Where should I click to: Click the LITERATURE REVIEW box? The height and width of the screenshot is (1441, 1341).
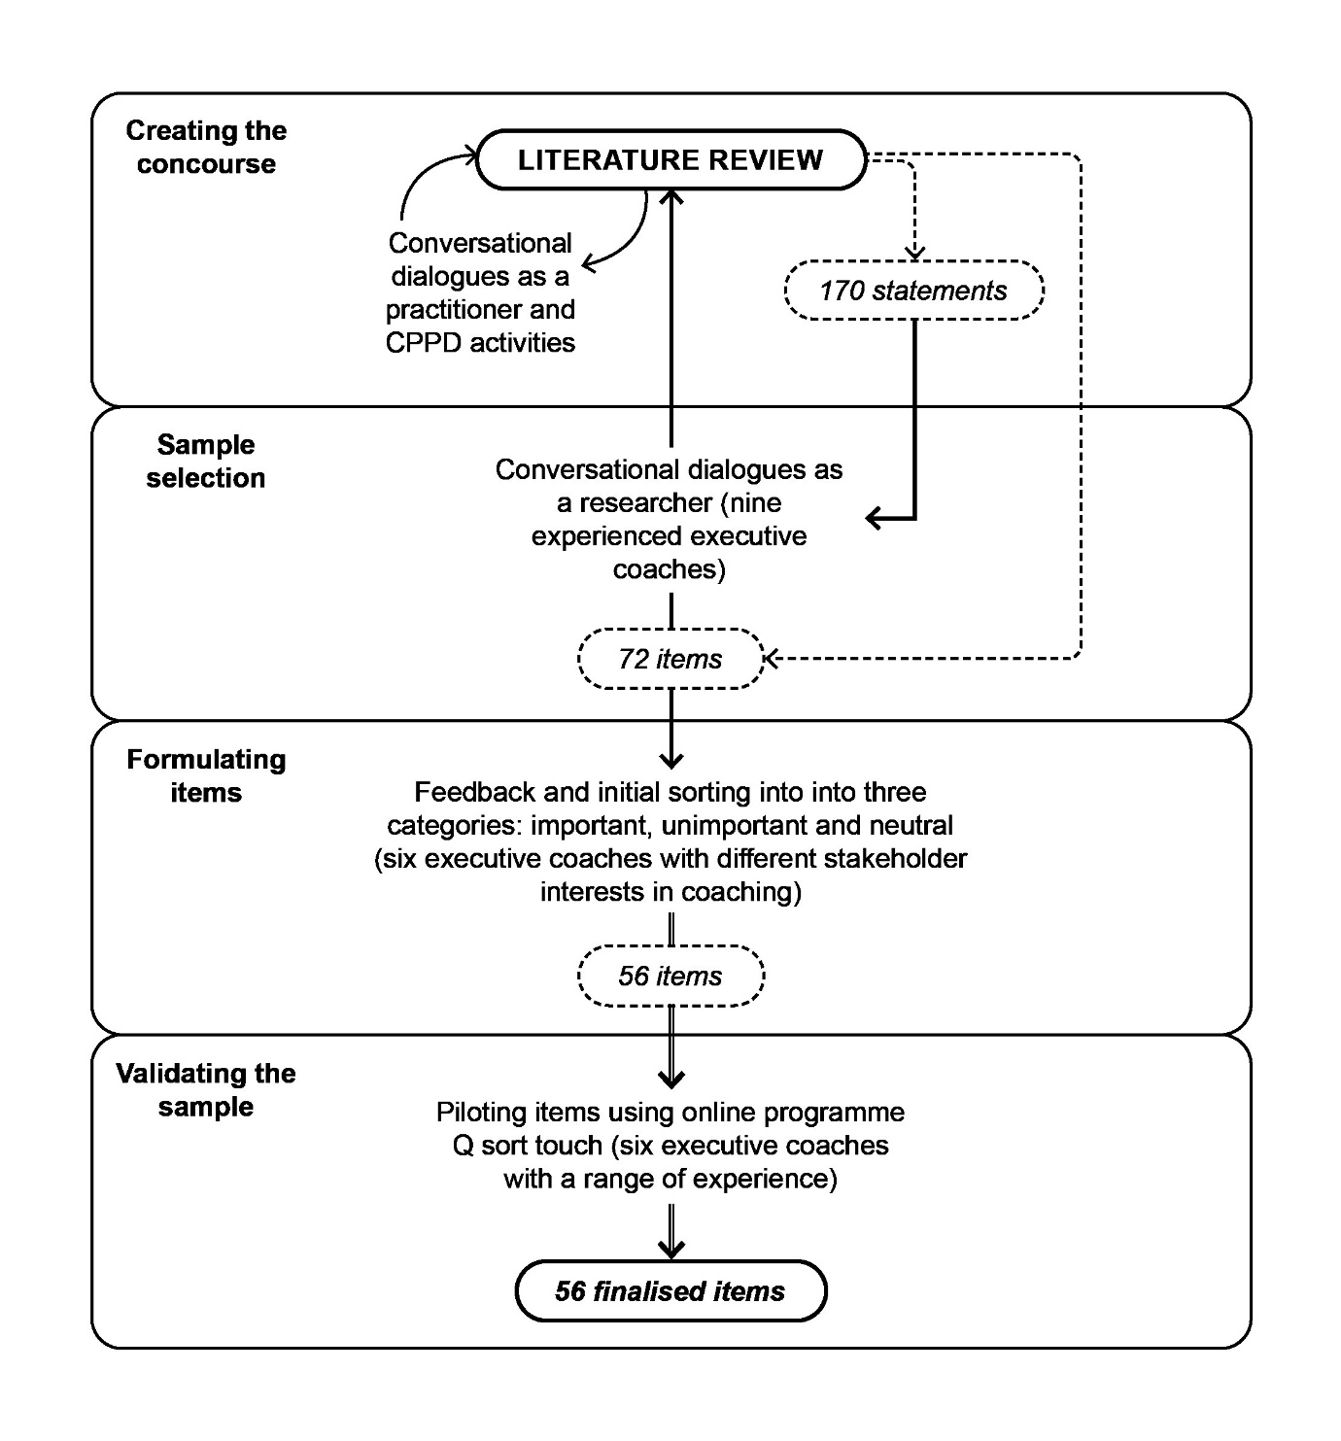(670, 160)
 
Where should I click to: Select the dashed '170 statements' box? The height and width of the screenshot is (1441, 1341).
(913, 291)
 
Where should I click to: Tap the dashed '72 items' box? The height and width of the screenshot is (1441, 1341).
(670, 659)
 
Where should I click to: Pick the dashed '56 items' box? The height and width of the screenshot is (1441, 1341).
(670, 976)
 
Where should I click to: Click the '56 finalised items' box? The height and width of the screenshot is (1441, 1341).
(670, 1291)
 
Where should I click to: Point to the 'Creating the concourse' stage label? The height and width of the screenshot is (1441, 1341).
(206, 147)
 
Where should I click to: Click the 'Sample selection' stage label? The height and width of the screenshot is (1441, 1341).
(206, 462)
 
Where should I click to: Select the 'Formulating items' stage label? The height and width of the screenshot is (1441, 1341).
(206, 775)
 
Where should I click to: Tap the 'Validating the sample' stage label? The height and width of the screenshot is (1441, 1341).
(206, 1089)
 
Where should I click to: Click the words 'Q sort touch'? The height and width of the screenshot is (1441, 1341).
(528, 1146)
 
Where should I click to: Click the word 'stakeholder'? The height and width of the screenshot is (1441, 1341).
(895, 859)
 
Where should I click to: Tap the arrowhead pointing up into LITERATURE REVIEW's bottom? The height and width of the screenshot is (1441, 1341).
(671, 196)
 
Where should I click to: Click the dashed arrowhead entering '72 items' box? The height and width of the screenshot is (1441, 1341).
(772, 659)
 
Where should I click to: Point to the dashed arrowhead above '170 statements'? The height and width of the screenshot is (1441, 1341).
(914, 253)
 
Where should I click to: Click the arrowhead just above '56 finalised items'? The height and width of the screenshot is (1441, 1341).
(671, 1249)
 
